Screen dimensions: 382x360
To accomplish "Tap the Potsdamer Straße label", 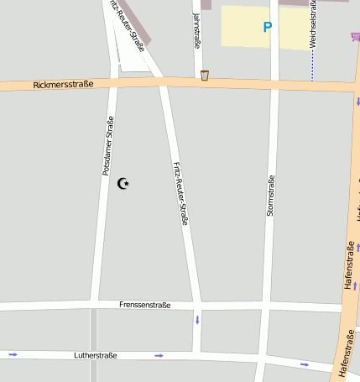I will click(x=107, y=145).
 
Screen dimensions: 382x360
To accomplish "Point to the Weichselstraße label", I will click(x=312, y=24).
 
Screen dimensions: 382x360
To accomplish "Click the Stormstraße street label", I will click(x=270, y=196).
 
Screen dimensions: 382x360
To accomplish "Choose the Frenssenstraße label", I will click(x=145, y=305).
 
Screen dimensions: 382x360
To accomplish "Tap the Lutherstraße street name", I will click(x=96, y=355).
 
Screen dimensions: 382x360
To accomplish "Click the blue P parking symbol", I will click(x=268, y=27).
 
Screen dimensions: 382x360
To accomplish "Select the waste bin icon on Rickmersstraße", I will click(x=205, y=76).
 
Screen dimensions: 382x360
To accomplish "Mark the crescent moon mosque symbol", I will click(x=124, y=183).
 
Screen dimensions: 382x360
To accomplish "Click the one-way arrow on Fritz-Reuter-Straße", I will click(x=198, y=320).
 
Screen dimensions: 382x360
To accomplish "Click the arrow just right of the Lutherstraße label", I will click(x=159, y=356).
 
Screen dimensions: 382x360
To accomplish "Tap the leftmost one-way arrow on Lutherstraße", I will click(x=13, y=354).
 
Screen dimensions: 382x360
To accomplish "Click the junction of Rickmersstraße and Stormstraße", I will click(x=274, y=84).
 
